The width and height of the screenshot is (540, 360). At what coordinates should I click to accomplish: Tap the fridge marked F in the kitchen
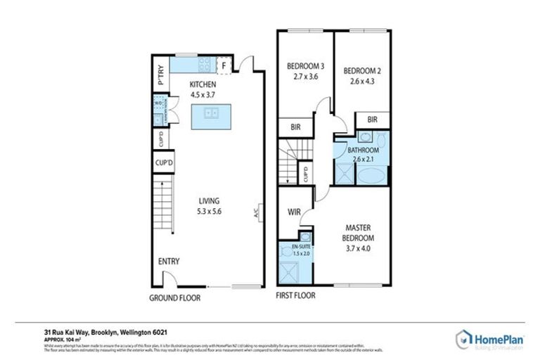point(224,66)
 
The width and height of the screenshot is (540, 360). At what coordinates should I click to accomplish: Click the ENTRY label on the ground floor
point(168,262)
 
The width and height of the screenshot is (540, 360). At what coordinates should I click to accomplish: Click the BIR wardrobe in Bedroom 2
point(372,120)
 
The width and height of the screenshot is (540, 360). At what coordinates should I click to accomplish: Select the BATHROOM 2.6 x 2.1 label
point(364,150)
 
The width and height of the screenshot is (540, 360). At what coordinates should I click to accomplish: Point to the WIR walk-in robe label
point(294,211)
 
